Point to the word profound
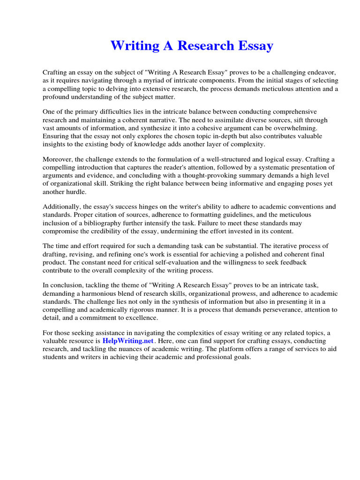click(x=56, y=97)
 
